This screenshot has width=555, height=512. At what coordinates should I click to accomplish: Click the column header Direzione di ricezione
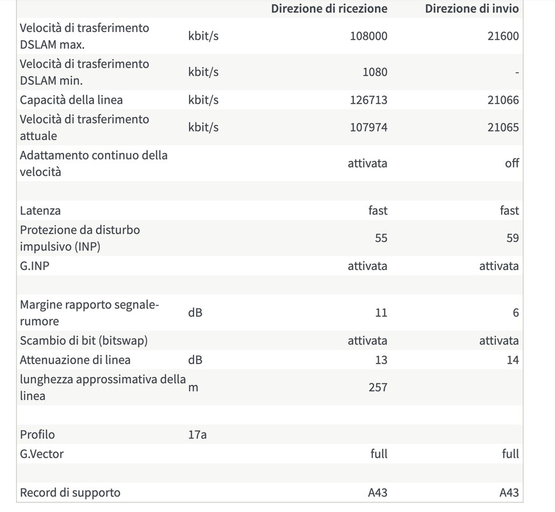coord(329,9)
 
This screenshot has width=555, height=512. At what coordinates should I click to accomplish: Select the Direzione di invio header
coord(472,9)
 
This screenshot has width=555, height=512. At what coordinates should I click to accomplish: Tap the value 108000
coord(369,36)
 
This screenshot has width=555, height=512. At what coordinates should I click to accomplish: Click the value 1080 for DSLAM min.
coord(375,72)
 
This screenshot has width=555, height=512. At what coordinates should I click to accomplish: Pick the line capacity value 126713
coord(369,100)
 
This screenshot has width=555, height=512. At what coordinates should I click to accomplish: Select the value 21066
coord(502,100)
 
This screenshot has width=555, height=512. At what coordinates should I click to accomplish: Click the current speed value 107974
coord(369,127)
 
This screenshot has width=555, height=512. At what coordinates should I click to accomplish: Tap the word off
coord(511,163)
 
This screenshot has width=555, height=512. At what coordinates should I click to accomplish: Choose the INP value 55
coord(381,238)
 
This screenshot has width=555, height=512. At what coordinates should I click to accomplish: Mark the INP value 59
coord(512,238)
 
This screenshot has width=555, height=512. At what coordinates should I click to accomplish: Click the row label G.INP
coord(35,266)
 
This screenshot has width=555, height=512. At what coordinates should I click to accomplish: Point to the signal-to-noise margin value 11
coord(381,313)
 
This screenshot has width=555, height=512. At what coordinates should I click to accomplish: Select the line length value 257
coord(377,387)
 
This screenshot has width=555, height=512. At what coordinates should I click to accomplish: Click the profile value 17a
coord(197,435)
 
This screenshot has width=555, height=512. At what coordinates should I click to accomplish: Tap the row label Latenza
coord(40,211)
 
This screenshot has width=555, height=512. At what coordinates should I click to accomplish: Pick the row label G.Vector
coord(42,454)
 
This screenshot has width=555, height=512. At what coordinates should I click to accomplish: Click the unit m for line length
coord(193,387)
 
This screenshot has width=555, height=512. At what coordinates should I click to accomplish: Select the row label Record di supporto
coord(70,493)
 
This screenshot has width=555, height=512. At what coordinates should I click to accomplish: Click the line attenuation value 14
coord(512,360)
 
